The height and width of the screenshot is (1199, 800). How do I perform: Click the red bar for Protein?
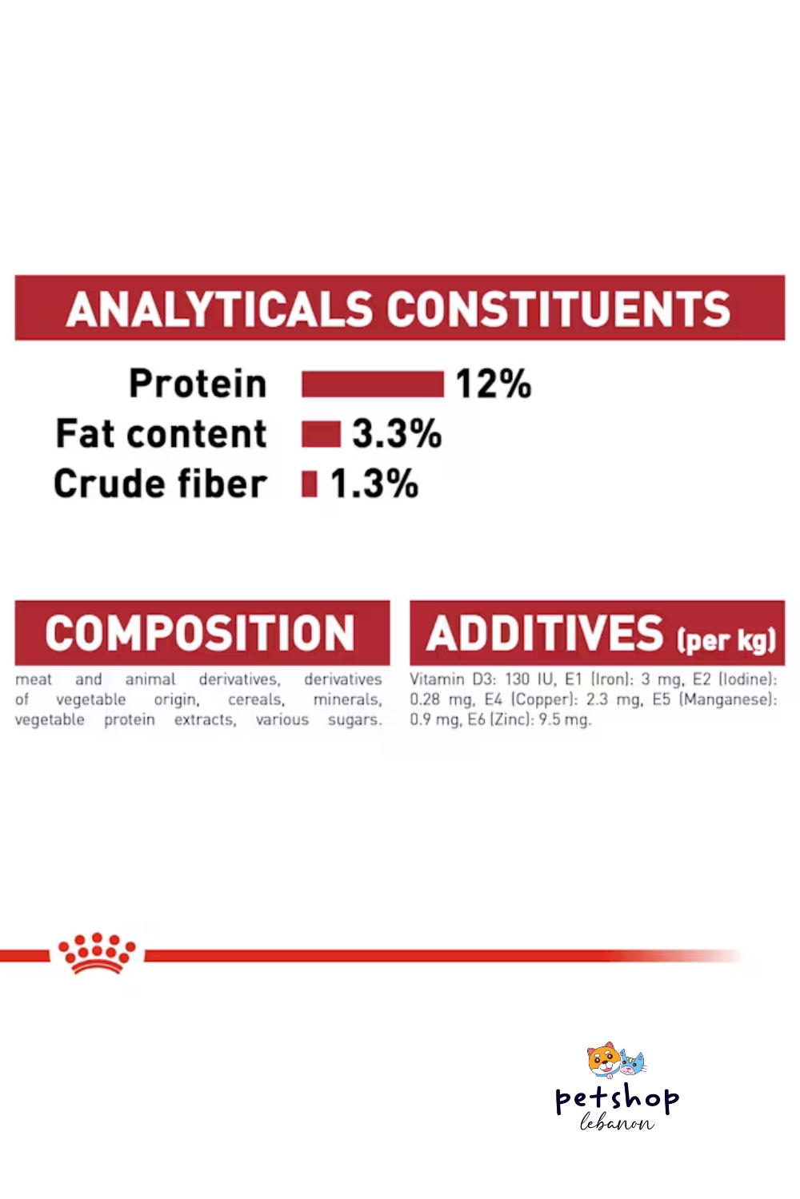click(x=373, y=384)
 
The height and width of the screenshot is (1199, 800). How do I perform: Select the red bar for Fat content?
click(x=321, y=433)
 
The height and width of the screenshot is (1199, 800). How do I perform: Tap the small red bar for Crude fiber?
click(x=309, y=484)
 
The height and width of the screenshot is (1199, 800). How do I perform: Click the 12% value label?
click(x=493, y=384)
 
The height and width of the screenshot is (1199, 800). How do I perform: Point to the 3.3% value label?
click(x=397, y=433)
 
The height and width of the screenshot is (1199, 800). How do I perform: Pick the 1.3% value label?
click(x=374, y=484)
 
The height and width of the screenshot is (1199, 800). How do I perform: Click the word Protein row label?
click(x=198, y=384)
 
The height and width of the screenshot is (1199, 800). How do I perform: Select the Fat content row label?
click(x=162, y=433)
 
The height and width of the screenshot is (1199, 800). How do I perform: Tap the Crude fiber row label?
click(x=160, y=484)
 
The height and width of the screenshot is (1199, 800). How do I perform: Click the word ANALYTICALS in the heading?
click(x=219, y=309)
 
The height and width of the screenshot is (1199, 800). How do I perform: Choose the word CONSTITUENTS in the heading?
click(x=558, y=309)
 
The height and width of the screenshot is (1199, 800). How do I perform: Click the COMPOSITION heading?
click(x=200, y=633)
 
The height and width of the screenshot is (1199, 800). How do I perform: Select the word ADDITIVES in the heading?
click(x=545, y=633)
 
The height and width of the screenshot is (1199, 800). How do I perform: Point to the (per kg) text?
click(x=726, y=639)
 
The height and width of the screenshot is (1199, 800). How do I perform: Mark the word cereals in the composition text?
click(x=256, y=699)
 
